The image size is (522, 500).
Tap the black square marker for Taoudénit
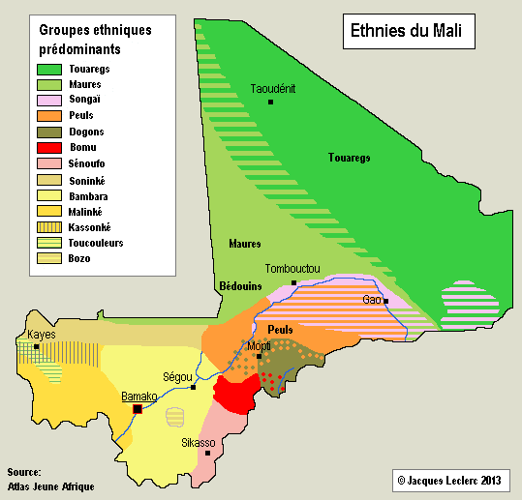click(271, 102)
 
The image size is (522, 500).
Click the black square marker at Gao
click(385, 301)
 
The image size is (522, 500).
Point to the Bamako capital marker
click(138, 409)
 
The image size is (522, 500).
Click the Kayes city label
click(43, 334)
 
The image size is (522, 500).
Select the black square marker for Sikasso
click(207, 453)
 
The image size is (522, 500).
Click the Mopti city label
click(260, 345)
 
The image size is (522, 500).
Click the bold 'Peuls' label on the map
click(280, 330)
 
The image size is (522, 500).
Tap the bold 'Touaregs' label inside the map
click(350, 158)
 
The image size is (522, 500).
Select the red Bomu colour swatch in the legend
click(49, 147)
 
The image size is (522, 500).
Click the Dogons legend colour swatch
click(49, 132)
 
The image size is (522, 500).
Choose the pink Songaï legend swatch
click(49, 100)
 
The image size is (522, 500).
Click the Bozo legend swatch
click(49, 258)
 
